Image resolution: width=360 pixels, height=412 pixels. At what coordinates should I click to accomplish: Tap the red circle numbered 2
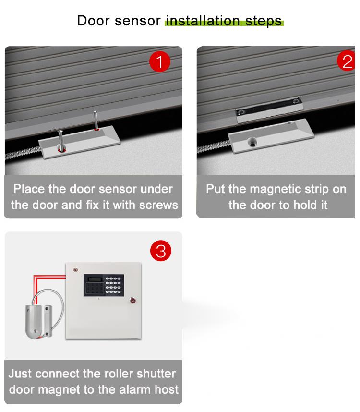(347, 62)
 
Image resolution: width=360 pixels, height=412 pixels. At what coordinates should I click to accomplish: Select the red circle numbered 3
(161, 251)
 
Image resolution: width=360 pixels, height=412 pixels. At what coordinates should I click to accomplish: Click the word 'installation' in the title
(202, 21)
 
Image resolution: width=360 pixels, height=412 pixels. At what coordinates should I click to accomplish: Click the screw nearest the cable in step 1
(60, 140)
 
